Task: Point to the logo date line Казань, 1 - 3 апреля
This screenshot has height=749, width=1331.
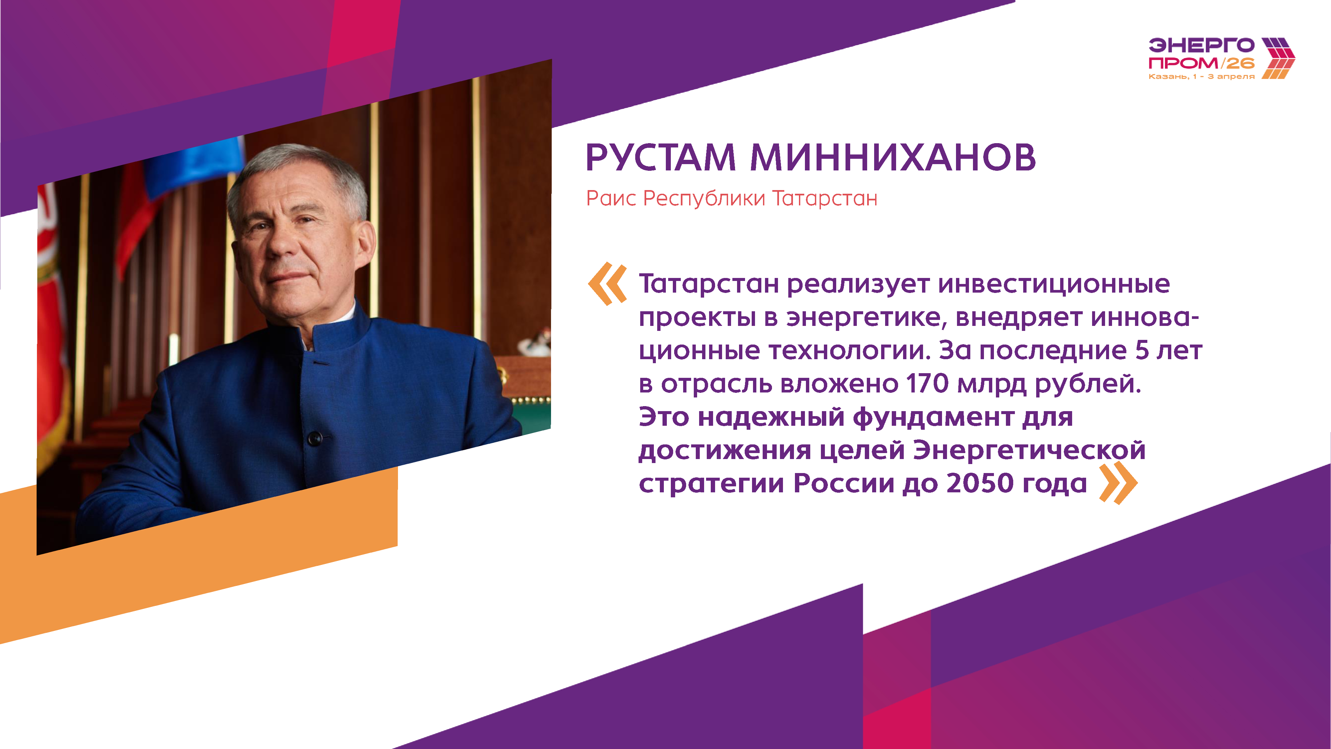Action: (x=1201, y=77)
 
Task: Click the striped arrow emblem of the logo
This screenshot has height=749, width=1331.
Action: (x=1278, y=58)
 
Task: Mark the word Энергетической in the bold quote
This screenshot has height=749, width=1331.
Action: (x=1029, y=450)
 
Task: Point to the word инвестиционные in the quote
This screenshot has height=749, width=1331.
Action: (x=1054, y=284)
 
